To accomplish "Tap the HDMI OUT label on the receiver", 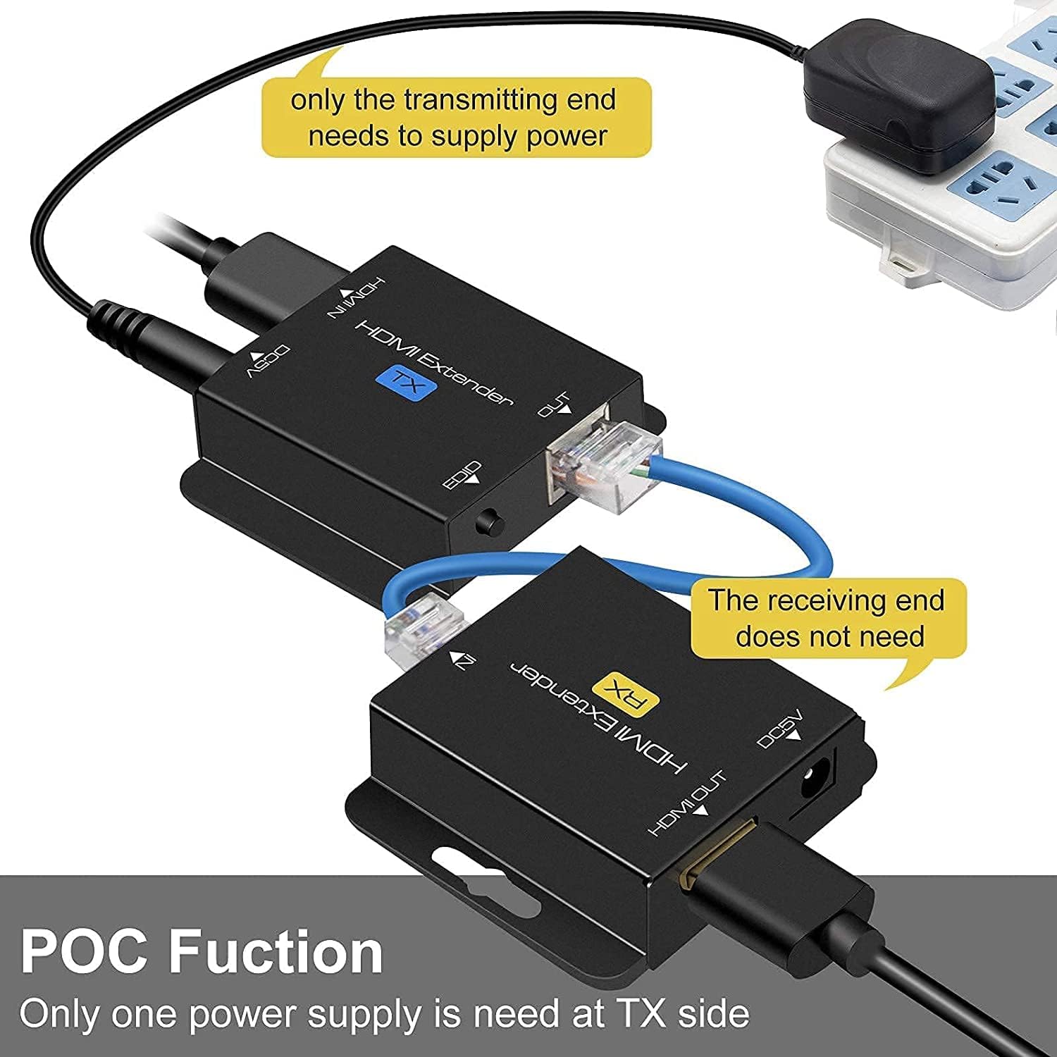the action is (x=688, y=804).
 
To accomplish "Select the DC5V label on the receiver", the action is (x=781, y=730).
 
